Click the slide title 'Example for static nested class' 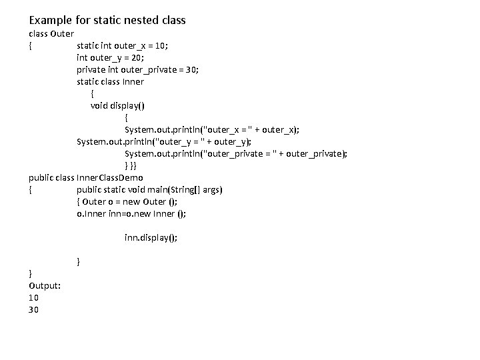point(107,20)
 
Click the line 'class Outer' point(51,33)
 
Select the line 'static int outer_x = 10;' point(122,45)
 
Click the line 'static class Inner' point(110,81)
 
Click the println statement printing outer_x point(212,129)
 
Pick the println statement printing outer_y point(164,141)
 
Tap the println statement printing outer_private point(236,153)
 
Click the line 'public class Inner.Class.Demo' point(86,177)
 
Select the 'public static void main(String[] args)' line point(150,189)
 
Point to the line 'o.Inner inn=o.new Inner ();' point(131,213)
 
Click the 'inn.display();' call point(151,237)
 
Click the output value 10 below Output point(34,297)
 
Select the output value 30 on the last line point(34,309)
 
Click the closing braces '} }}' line point(130,165)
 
